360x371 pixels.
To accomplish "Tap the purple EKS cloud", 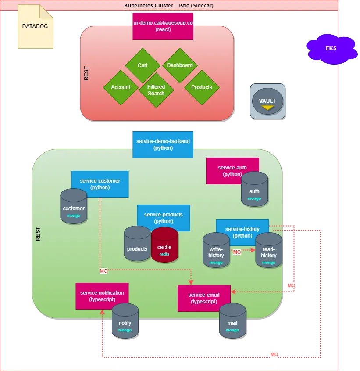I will tap(331, 48).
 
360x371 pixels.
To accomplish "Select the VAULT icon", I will tap(267, 101).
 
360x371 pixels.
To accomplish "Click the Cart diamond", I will tap(143, 65).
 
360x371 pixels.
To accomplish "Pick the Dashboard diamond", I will tap(180, 65).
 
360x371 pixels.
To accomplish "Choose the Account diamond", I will tap(121, 87).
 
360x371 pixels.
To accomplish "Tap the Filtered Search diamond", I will tap(156, 90).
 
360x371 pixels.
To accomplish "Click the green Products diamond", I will tap(202, 87).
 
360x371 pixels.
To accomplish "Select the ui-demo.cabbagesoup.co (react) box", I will tap(163, 26).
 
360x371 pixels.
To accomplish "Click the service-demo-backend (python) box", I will tap(163, 144).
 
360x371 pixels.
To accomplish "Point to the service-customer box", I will tap(100, 184).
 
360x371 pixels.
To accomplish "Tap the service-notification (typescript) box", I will tap(102, 295).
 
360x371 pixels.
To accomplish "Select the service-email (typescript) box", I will tap(204, 298).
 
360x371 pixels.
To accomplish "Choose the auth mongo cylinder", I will tap(254, 189).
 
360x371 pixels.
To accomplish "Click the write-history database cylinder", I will tap(216, 251).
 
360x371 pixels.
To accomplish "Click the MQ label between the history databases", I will tap(237, 252).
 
